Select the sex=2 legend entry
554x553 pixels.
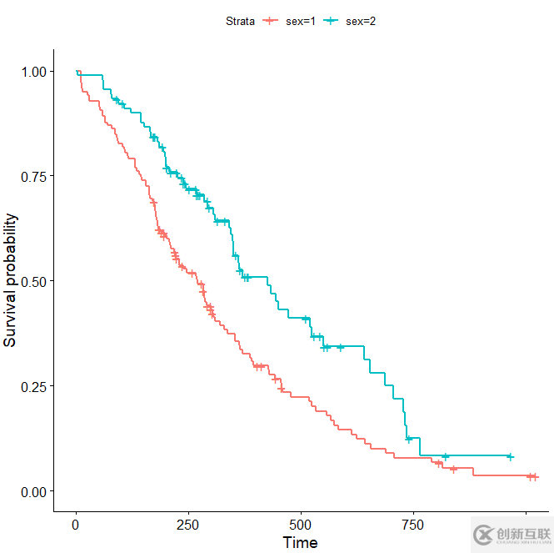[x=350, y=21]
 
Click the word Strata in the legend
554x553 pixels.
[x=241, y=21]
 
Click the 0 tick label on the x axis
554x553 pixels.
[x=76, y=525]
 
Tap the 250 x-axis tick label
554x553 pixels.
[x=188, y=525]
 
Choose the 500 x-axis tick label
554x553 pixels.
[x=301, y=525]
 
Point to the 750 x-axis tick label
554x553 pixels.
[x=413, y=525]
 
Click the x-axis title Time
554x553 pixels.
[x=300, y=543]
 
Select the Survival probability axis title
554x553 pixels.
[x=12, y=281]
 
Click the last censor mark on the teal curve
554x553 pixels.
[x=510, y=456]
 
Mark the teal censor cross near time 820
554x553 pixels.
[x=446, y=456]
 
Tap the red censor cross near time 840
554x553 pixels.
[x=454, y=469]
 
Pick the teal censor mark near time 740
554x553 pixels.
[x=408, y=438]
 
